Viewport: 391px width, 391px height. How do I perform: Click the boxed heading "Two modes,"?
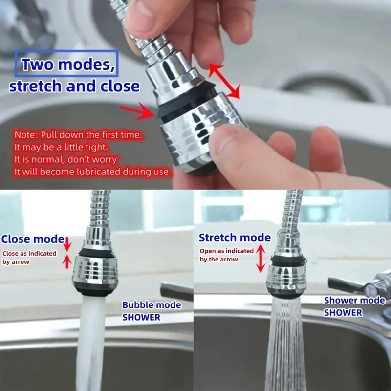coord(66,64)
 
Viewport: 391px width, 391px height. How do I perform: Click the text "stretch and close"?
coord(74,86)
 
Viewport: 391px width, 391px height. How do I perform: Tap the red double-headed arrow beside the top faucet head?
coord(224,81)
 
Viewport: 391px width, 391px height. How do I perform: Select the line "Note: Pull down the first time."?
coord(78,135)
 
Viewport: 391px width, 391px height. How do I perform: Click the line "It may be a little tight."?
coord(61,147)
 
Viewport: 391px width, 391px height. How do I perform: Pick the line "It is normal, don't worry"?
coord(65,159)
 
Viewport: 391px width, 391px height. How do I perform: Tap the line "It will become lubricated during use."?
coord(93,172)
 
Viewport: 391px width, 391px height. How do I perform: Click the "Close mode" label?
coord(33,239)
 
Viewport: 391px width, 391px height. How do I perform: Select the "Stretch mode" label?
coord(235,238)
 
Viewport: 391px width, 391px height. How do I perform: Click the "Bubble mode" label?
coord(152,304)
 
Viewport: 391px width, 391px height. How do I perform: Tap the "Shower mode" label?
coord(354,300)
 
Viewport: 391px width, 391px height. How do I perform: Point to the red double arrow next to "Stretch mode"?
coord(261,258)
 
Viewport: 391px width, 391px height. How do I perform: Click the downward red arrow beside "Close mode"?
coord(67,244)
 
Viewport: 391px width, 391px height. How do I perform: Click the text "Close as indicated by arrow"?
coord(29,258)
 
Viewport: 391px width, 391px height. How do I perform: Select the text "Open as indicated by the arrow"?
coord(226,255)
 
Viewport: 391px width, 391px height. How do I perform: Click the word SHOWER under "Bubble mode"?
coord(141,317)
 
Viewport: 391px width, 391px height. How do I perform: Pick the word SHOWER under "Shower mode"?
coord(343,312)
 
